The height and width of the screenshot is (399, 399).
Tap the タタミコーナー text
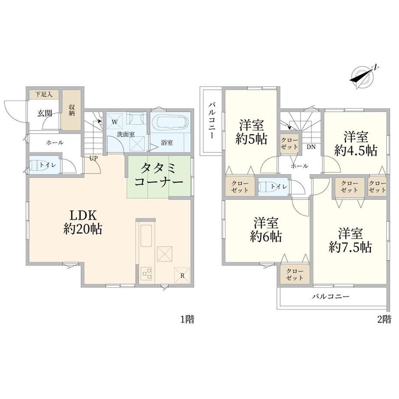click(x=159, y=175)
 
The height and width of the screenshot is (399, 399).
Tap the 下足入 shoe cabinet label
click(x=44, y=95)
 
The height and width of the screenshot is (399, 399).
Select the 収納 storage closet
click(x=72, y=110)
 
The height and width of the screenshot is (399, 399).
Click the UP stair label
click(x=93, y=158)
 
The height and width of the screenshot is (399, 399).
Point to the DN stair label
click(x=311, y=147)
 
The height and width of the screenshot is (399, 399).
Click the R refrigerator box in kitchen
click(x=182, y=275)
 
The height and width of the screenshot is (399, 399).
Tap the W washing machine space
click(x=114, y=121)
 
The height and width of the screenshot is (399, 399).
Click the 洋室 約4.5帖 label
click(x=356, y=144)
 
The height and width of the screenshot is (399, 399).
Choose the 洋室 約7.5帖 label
click(x=350, y=240)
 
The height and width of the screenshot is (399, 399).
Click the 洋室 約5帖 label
click(x=251, y=132)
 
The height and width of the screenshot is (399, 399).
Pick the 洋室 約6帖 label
click(x=266, y=230)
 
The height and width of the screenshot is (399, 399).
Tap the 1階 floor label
click(x=187, y=319)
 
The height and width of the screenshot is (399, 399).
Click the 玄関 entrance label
click(x=45, y=113)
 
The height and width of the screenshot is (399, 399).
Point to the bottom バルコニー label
click(x=331, y=296)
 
